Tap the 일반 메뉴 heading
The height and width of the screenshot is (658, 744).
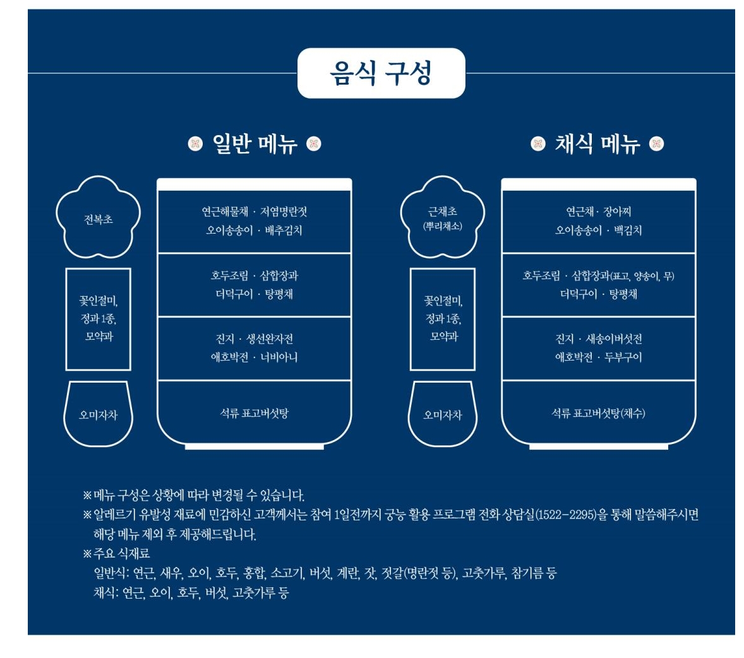255,144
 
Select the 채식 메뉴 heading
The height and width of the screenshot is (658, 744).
597,144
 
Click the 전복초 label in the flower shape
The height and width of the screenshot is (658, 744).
98,220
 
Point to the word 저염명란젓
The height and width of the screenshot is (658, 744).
284,212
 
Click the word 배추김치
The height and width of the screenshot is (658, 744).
284,230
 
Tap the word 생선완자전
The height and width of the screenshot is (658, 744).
270,339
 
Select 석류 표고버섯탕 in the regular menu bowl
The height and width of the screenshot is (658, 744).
254,414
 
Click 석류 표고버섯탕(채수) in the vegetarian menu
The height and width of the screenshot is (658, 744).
598,414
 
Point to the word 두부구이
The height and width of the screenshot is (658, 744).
623,357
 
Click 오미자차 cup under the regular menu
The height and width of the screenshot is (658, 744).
98,415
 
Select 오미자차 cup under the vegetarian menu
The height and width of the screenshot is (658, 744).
442,415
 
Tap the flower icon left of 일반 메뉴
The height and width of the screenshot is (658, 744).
195,144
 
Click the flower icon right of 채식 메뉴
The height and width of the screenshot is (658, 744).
657,144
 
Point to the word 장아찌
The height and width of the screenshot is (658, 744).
617,212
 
